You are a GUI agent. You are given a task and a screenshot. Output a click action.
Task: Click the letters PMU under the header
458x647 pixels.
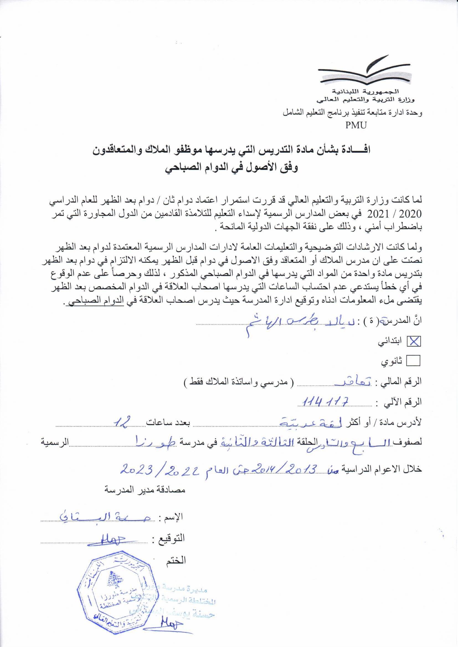pyautogui.click(x=356, y=125)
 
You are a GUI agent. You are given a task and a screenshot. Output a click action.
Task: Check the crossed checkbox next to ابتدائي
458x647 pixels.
pyautogui.click(x=413, y=341)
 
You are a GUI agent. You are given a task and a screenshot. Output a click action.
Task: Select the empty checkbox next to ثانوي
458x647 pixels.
pyautogui.click(x=413, y=361)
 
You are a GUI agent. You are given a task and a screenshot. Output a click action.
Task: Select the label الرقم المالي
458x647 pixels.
pyautogui.click(x=401, y=382)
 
